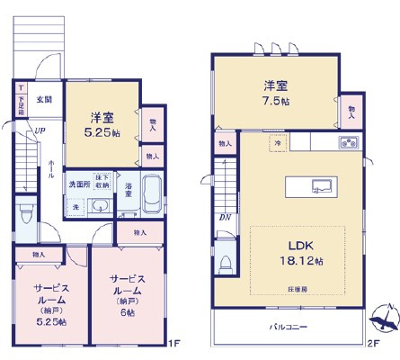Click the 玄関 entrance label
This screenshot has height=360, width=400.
click(44, 99)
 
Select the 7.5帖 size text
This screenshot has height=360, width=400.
click(275, 102)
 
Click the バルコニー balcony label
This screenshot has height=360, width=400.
click(287, 328)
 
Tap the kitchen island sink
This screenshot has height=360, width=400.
click(320, 186)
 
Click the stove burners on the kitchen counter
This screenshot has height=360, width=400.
click(347, 143)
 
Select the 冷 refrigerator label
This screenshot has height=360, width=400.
click(279, 143)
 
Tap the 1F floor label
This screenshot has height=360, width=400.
click(177, 343)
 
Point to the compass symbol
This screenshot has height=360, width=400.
click(381, 316)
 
